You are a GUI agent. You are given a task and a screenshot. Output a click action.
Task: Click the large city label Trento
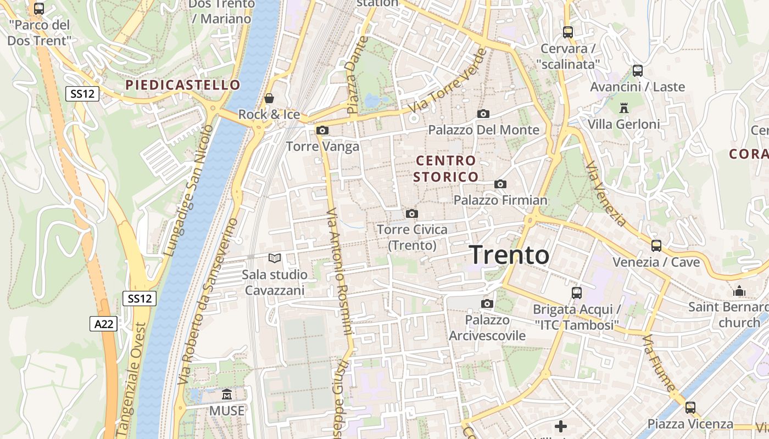[509, 255]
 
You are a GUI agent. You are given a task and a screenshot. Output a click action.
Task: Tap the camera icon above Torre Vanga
[322, 130]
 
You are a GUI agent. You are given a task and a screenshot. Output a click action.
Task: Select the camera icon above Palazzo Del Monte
[483, 114]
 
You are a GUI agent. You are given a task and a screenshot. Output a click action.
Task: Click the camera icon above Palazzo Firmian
[500, 184]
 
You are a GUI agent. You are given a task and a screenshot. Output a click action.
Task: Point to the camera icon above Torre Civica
[412, 213]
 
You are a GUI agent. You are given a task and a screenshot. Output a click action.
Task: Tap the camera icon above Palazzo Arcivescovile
[487, 303]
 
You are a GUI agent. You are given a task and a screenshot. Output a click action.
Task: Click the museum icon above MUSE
[227, 394]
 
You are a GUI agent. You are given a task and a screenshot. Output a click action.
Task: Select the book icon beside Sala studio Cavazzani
[275, 257]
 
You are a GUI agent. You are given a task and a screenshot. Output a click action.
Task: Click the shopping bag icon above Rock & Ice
[269, 98]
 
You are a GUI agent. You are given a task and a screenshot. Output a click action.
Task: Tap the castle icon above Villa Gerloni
[623, 108]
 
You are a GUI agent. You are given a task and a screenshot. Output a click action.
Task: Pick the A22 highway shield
[104, 324]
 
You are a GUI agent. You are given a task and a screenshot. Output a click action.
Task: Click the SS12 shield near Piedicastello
[82, 93]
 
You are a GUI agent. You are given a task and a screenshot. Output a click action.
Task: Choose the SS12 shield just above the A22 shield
[139, 299]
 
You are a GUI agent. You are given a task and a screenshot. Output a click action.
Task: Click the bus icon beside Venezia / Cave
[656, 245]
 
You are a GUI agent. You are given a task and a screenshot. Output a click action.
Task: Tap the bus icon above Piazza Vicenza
[690, 408]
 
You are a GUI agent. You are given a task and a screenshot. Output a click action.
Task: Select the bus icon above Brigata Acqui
[577, 292]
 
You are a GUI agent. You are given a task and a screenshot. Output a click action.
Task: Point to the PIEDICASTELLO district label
[183, 85]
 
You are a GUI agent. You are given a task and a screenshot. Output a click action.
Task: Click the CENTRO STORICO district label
[445, 168]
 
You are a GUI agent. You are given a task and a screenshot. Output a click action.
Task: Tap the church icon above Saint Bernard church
[739, 290]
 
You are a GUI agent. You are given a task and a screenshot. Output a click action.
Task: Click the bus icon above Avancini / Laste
[638, 71]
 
